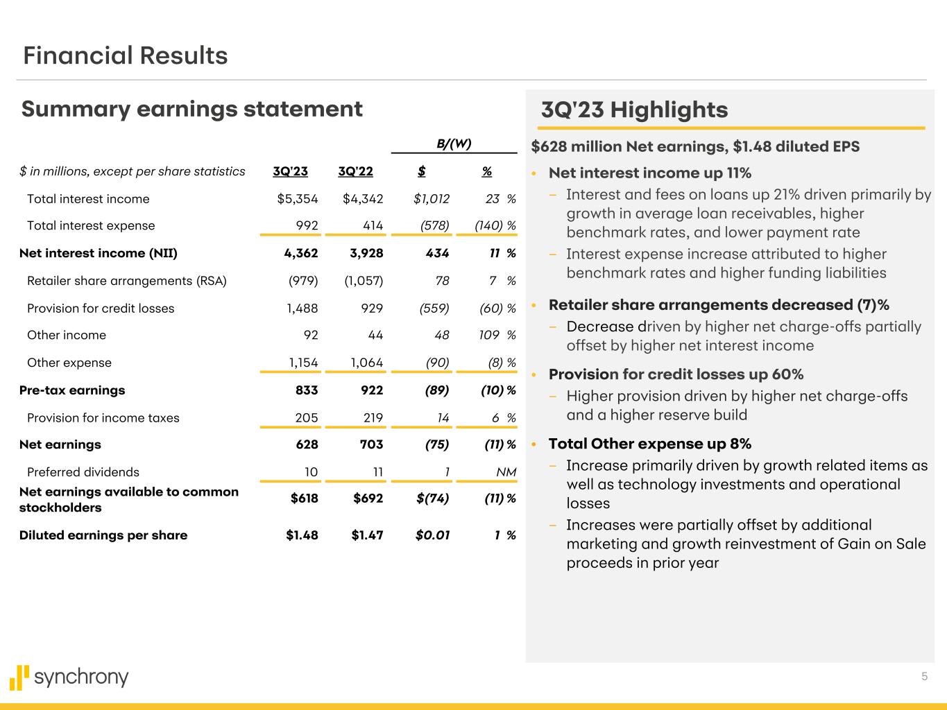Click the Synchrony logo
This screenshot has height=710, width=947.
click(x=69, y=677)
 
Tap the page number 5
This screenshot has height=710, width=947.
click(x=924, y=677)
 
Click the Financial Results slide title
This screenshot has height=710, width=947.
click(x=126, y=55)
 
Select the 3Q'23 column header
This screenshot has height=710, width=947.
click(x=290, y=171)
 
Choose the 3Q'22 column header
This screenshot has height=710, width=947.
click(x=355, y=171)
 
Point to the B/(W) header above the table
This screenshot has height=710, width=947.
click(x=454, y=144)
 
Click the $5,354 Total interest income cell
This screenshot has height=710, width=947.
click(x=297, y=199)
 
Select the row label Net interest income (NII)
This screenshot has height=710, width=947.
click(x=99, y=253)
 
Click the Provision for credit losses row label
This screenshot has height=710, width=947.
click(x=101, y=309)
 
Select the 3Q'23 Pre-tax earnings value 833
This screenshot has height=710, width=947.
click(x=307, y=390)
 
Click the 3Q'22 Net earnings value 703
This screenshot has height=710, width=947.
click(x=372, y=444)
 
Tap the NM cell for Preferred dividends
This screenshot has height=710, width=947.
click(x=506, y=472)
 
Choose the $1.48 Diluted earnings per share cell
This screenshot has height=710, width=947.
click(x=302, y=535)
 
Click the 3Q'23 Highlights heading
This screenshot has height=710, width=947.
click(x=634, y=110)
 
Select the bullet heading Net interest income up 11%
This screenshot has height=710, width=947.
click(x=649, y=173)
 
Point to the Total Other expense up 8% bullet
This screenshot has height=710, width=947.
click(x=649, y=444)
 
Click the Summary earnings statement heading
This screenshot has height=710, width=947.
click(x=191, y=109)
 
